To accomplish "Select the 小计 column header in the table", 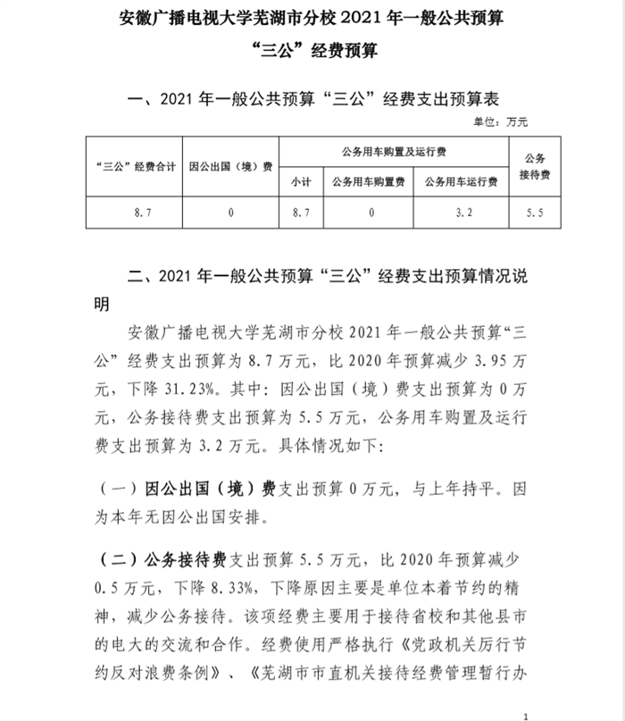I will (x=300, y=182).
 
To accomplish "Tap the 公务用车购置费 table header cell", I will (x=368, y=182).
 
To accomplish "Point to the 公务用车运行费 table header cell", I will (x=460, y=182).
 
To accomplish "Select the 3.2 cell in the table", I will (x=460, y=213).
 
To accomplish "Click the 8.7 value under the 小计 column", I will (x=300, y=213).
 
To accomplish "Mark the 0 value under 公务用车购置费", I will (x=368, y=213).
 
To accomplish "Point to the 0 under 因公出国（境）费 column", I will (x=231, y=213).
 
